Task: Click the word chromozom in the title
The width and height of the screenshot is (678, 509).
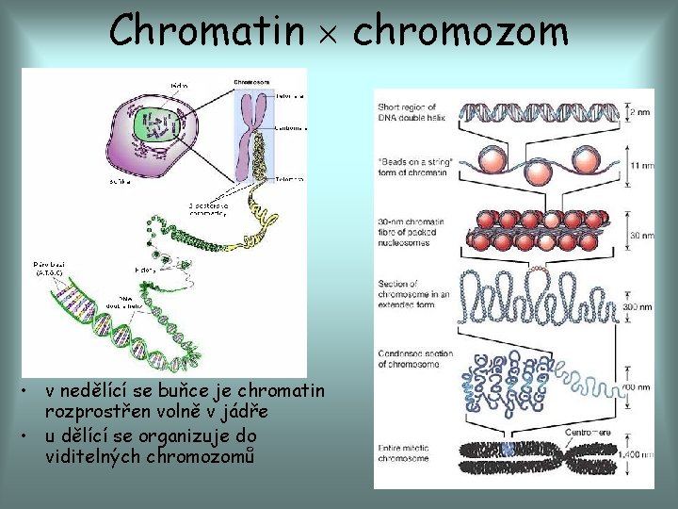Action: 460,30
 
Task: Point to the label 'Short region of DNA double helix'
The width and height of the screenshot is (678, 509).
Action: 413,110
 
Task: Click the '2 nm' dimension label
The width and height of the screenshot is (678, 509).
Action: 640,111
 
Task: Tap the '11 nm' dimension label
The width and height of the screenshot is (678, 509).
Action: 641,166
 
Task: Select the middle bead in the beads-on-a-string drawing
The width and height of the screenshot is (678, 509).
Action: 537,172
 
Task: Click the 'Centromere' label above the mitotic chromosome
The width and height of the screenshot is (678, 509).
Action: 588,432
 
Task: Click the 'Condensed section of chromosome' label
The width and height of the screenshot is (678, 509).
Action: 415,360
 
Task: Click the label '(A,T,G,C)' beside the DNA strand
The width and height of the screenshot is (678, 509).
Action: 48,272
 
